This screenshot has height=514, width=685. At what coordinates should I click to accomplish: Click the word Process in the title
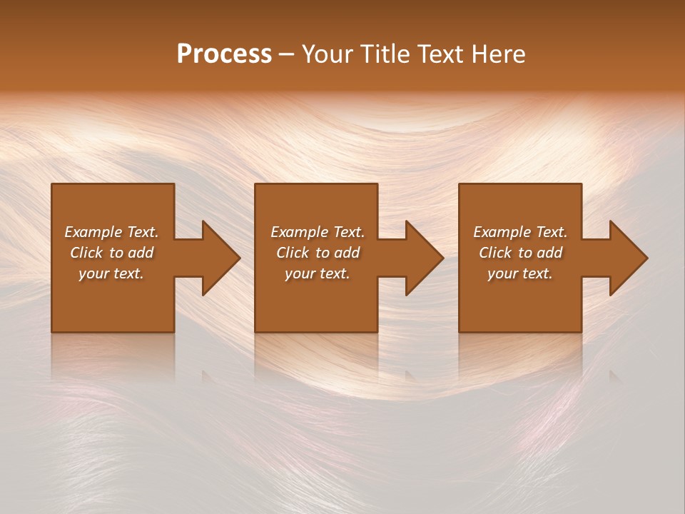tap(224, 54)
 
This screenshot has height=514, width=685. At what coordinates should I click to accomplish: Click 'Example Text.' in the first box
tap(111, 232)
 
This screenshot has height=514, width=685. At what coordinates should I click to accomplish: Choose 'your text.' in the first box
tap(111, 273)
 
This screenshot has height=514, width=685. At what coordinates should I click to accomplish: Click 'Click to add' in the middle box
tap(318, 253)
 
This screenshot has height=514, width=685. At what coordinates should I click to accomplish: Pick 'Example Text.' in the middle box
tap(318, 232)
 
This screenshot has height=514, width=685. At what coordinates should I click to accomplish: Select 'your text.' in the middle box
tap(318, 273)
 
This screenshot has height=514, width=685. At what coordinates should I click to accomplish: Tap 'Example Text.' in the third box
tap(520, 232)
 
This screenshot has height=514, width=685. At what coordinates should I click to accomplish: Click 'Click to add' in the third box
tap(520, 253)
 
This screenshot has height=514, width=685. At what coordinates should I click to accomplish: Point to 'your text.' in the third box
tap(520, 273)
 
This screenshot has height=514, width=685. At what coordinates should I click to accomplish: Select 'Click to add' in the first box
tap(111, 253)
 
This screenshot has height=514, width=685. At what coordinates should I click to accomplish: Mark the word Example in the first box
tap(93, 232)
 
